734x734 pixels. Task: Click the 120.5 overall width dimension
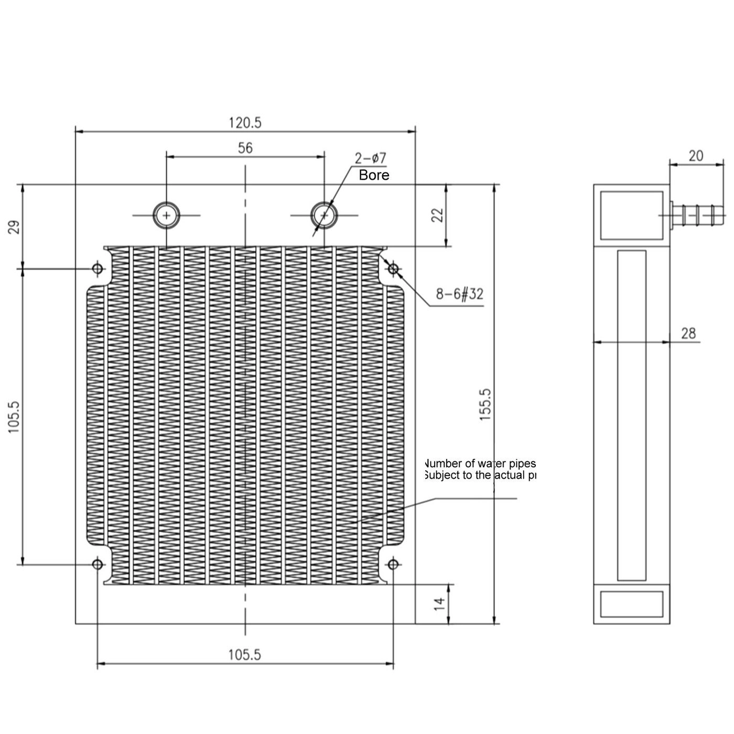[245, 123]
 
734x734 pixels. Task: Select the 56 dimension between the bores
[245, 148]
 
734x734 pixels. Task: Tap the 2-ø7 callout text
[370, 158]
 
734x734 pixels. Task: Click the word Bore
[374, 175]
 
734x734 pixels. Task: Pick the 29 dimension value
[14, 227]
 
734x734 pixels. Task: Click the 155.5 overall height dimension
[485, 405]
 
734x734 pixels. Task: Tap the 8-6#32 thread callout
[459, 294]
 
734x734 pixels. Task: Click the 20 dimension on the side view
[696, 156]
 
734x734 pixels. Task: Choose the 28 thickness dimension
[688, 333]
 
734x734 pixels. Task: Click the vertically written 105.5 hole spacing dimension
[14, 417]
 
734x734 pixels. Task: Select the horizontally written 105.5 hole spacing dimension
[244, 654]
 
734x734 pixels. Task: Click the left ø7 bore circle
[166, 215]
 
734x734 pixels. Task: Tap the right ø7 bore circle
[324, 215]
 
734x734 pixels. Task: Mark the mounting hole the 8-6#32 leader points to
[393, 269]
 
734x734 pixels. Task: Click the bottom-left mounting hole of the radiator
[98, 564]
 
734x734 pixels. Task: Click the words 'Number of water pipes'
[480, 463]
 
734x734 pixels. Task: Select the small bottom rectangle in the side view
[631, 604]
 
